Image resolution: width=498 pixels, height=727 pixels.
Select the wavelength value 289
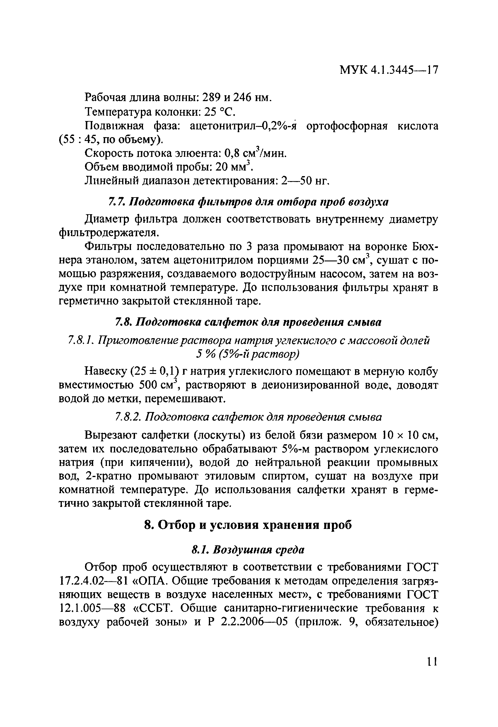click(212, 98)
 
